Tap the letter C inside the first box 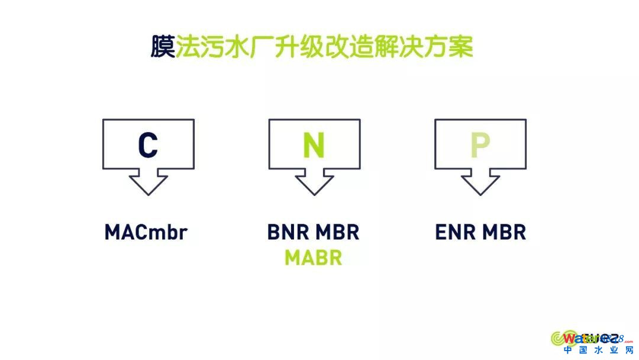click(148, 146)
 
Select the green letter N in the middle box click(314, 146)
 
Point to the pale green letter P click(480, 146)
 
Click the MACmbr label click(146, 232)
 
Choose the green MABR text click(313, 258)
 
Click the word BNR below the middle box click(286, 232)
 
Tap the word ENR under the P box click(453, 232)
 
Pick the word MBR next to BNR click(337, 232)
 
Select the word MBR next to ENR click(504, 232)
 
